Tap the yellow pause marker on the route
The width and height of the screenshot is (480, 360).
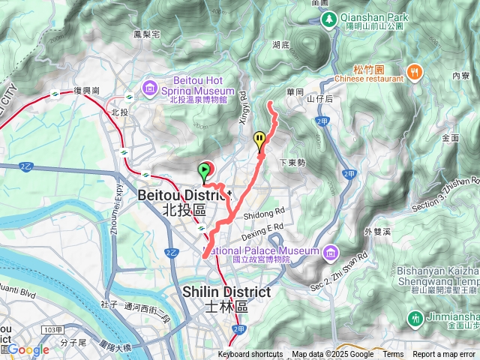coord(259,139)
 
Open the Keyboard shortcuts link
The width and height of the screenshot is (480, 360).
coord(250,355)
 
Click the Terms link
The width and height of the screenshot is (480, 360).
coord(393,355)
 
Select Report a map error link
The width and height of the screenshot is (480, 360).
coord(445,355)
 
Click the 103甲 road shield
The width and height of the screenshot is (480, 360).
coord(52,330)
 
